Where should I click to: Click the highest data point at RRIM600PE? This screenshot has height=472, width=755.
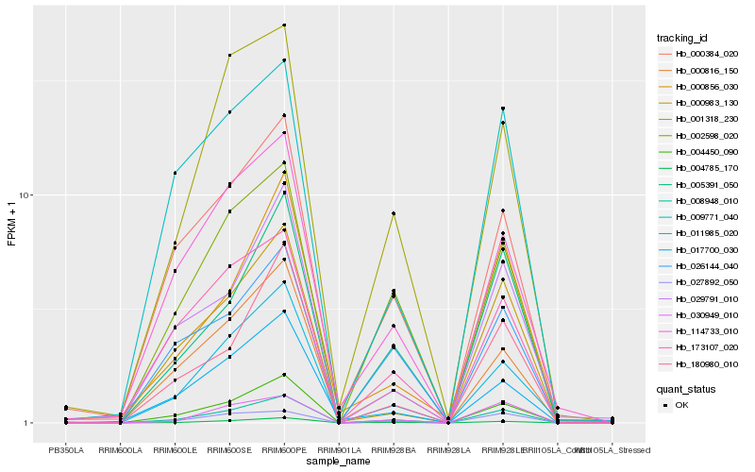tap(284, 25)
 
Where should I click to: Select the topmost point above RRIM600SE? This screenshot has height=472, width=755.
tap(229, 56)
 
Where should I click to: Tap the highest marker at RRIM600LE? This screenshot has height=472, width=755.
tap(175, 173)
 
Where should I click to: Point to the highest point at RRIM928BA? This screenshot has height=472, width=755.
tap(394, 214)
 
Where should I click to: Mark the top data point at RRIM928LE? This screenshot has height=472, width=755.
tap(503, 109)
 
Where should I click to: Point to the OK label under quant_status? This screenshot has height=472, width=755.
tap(682, 405)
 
